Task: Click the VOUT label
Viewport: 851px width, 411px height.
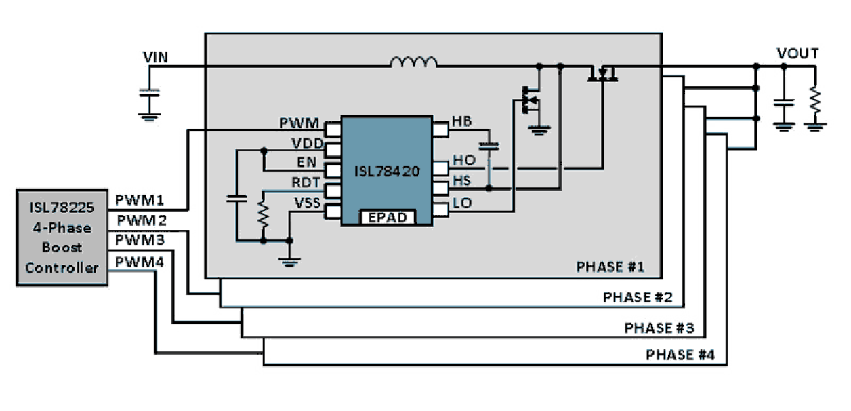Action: point(797,54)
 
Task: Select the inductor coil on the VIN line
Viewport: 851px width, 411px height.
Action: point(414,62)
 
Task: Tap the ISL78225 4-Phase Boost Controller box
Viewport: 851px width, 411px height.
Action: point(62,237)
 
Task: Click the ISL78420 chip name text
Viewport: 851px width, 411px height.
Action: point(387,172)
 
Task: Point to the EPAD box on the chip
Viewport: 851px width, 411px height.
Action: point(386,218)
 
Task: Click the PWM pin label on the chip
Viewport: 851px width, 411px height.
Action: point(300,123)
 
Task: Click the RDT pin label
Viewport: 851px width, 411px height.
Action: point(306,182)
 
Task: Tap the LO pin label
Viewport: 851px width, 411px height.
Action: point(462,202)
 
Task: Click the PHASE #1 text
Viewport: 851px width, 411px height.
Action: point(609,267)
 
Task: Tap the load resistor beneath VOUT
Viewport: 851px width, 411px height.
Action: point(814,102)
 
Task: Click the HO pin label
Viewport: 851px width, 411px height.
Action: point(463,161)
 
